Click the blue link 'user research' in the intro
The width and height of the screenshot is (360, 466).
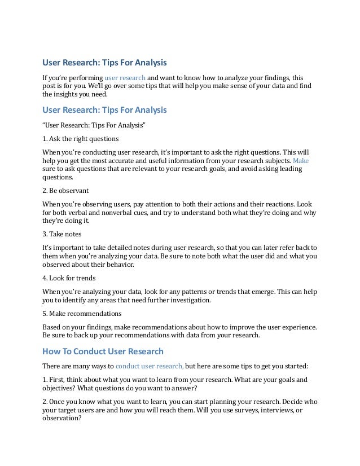point(125,77)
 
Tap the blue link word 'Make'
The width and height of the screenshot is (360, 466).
point(301,160)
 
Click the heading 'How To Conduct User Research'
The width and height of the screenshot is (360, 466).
point(103,351)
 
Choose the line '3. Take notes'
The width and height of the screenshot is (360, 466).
point(63,232)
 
